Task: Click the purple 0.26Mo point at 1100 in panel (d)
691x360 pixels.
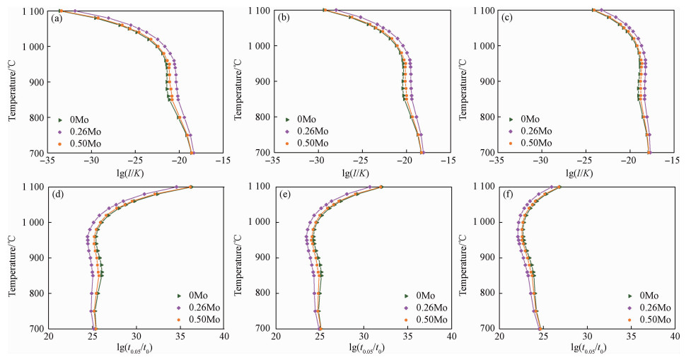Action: [177, 187]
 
